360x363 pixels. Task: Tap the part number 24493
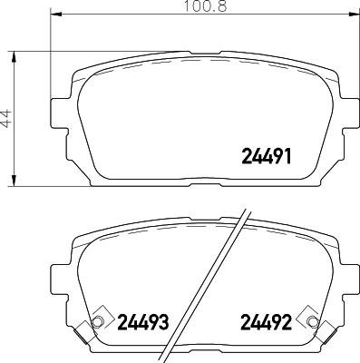pyautogui.click(x=143, y=321)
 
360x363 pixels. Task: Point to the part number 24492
pyautogui.click(x=265, y=321)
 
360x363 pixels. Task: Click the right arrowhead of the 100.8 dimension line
pyautogui.click(x=354, y=15)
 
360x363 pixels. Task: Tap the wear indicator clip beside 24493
pyautogui.click(x=97, y=321)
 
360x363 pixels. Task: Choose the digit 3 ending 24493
pyautogui.click(x=164, y=321)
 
